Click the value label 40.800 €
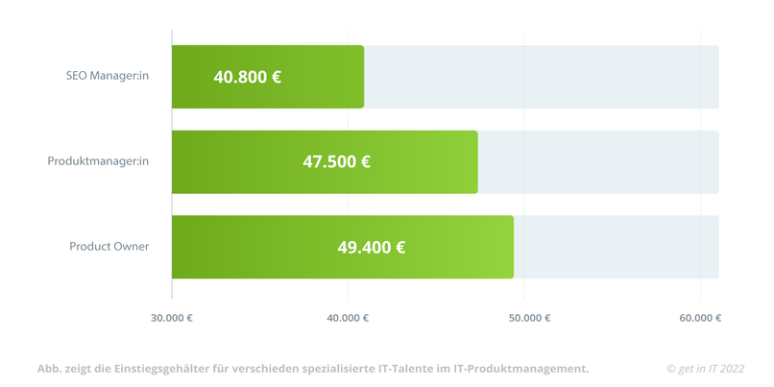(x=247, y=77)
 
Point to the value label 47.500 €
(x=336, y=161)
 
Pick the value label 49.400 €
(x=371, y=247)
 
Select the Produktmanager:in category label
(x=98, y=161)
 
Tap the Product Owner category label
(x=109, y=247)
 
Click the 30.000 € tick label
(x=172, y=318)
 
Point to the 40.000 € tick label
(x=348, y=318)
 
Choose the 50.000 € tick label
(x=523, y=318)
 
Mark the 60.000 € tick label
(x=700, y=318)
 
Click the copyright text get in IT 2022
(x=706, y=369)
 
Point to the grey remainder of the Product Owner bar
(x=616, y=247)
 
